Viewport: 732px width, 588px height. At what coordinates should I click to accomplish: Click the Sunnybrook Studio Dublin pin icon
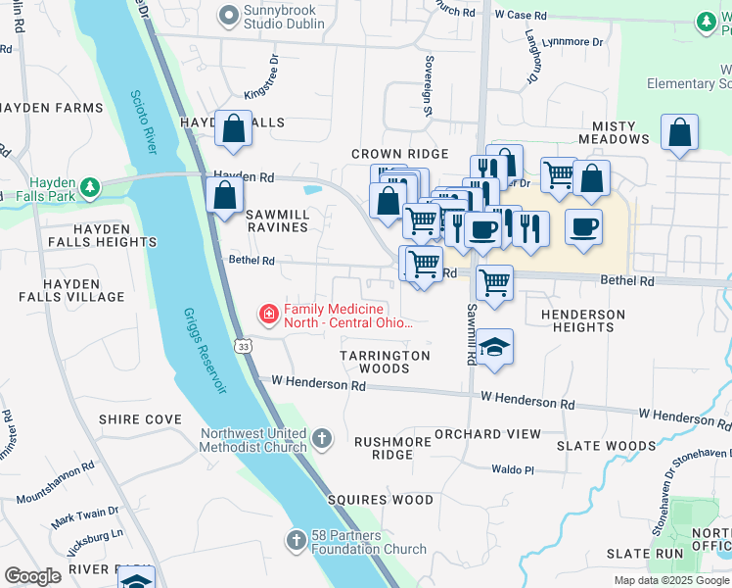[x=229, y=15]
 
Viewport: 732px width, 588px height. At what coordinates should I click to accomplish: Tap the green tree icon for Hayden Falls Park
[x=90, y=186]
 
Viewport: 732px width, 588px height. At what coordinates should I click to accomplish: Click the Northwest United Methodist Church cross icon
[x=323, y=440]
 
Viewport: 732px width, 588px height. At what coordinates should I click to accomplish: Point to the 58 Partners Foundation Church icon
[x=297, y=541]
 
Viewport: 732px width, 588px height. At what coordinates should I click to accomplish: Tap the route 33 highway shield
[x=243, y=345]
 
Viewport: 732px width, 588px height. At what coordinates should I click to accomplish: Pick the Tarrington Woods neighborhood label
[x=385, y=362]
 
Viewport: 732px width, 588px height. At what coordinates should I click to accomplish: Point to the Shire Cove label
[x=140, y=419]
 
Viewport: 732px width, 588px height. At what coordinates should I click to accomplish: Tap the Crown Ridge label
[x=399, y=154]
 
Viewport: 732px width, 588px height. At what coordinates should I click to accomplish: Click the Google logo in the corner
[x=33, y=576]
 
